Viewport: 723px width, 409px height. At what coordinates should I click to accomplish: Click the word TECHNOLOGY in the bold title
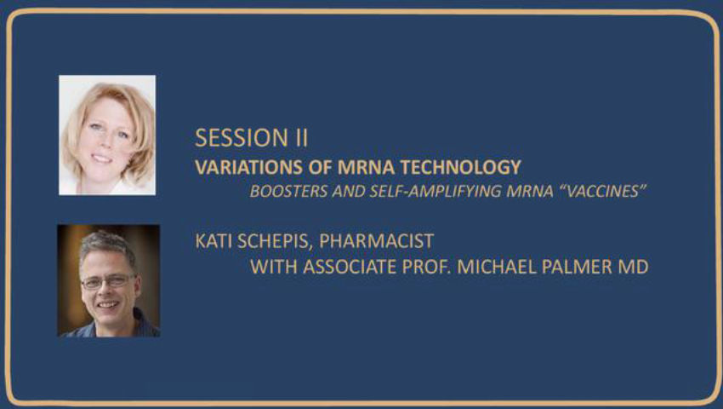(461, 167)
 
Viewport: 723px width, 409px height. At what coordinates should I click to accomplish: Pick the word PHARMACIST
(376, 241)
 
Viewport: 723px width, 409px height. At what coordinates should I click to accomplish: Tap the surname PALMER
(577, 267)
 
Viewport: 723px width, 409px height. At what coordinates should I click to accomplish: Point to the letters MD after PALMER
(633, 267)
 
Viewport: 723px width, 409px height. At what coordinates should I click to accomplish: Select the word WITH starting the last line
(273, 267)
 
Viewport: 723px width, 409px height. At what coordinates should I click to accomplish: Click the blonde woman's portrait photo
(107, 135)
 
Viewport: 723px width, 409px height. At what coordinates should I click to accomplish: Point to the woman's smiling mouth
(101, 158)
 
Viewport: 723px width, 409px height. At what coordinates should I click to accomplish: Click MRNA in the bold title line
(366, 167)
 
